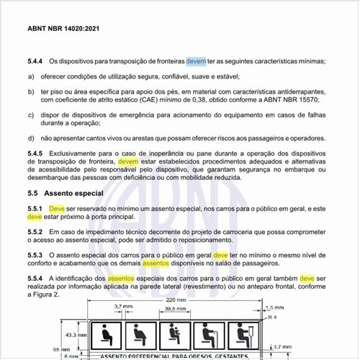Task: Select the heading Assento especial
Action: [x=74, y=194]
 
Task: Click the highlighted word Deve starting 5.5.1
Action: [x=57, y=209]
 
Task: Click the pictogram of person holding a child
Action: [x=173, y=333]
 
